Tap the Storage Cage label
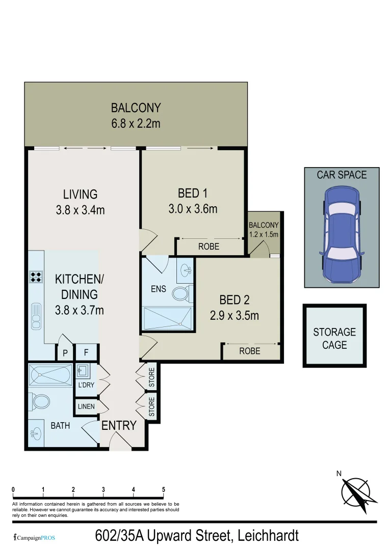[x=334, y=339]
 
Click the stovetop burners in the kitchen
[x=36, y=277]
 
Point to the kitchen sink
[x=36, y=316]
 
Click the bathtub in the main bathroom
[x=50, y=376]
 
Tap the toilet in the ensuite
[x=181, y=293]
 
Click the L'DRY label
[x=86, y=385]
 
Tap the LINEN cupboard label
[x=85, y=407]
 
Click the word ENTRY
[x=119, y=426]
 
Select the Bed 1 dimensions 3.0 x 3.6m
[x=193, y=208]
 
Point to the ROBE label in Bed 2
[x=250, y=351]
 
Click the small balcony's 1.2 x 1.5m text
[x=264, y=235]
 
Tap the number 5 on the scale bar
[x=164, y=490]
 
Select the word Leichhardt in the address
[x=267, y=536]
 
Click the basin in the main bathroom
[x=36, y=434]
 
